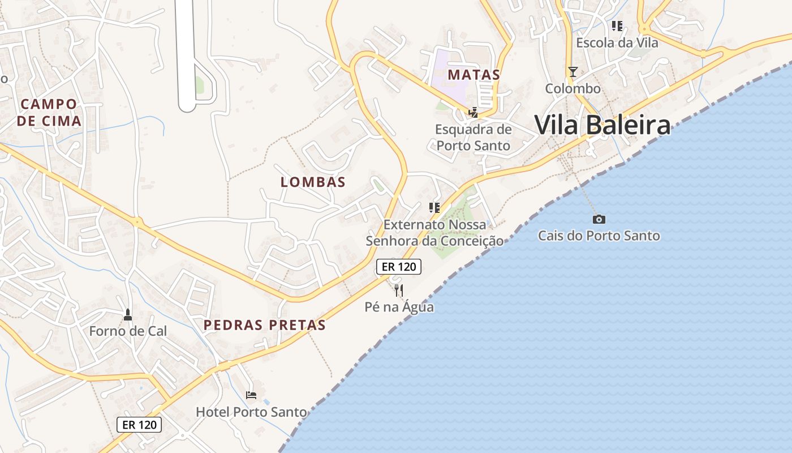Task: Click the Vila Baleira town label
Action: pyautogui.click(x=602, y=125)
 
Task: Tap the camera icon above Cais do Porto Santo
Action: pyautogui.click(x=599, y=219)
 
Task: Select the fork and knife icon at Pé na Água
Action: pyautogui.click(x=399, y=290)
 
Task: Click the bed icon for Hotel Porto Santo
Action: pyautogui.click(x=251, y=395)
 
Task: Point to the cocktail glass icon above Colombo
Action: pyautogui.click(x=573, y=71)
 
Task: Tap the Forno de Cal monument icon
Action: pyautogui.click(x=128, y=314)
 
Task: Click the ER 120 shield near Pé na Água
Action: pyautogui.click(x=399, y=267)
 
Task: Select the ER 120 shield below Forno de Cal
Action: pyautogui.click(x=139, y=424)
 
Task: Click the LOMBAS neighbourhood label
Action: pyautogui.click(x=313, y=182)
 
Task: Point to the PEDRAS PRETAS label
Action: pyautogui.click(x=265, y=325)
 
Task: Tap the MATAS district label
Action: pyautogui.click(x=474, y=74)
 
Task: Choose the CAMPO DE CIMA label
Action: pyautogui.click(x=49, y=112)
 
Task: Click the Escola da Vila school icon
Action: pyautogui.click(x=617, y=26)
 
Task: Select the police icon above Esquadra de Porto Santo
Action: pyautogui.click(x=473, y=113)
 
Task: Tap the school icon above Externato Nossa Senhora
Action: pyautogui.click(x=434, y=207)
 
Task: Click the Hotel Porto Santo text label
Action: pyautogui.click(x=251, y=412)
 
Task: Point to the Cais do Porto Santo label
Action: pyautogui.click(x=599, y=236)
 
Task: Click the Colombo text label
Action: pyautogui.click(x=573, y=88)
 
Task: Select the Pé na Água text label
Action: pyautogui.click(x=399, y=307)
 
